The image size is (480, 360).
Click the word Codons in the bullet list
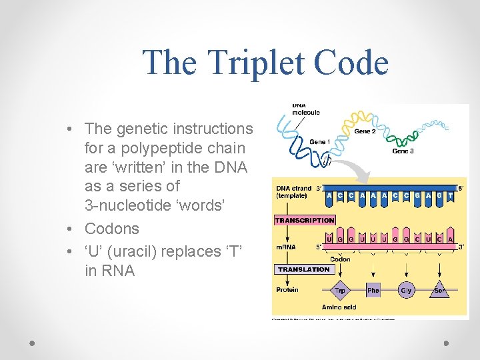point(111,229)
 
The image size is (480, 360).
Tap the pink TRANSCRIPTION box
point(305,219)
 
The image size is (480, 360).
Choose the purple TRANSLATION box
point(304,269)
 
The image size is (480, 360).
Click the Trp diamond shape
point(340,291)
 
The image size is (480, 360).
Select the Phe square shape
point(373,291)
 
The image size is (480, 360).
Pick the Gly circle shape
point(406,291)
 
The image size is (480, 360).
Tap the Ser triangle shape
point(439,291)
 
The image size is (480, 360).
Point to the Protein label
point(287,290)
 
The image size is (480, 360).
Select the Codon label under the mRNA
point(340,259)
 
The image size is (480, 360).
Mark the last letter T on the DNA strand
point(451,196)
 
